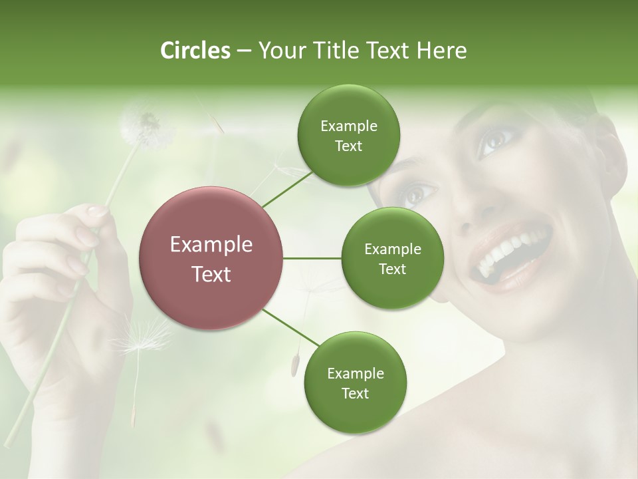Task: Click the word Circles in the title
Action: click(x=195, y=51)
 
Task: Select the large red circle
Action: click(x=211, y=257)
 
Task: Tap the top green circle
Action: click(x=348, y=135)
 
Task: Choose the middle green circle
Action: click(x=392, y=258)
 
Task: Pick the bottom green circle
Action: click(x=355, y=382)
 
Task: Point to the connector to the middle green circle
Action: click(x=312, y=258)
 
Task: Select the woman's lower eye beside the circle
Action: click(x=417, y=194)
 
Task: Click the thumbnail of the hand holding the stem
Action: click(x=98, y=211)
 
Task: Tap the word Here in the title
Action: click(x=443, y=51)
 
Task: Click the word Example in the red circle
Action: click(x=211, y=245)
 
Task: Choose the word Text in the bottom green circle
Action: click(x=355, y=393)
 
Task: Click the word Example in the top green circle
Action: click(x=348, y=126)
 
